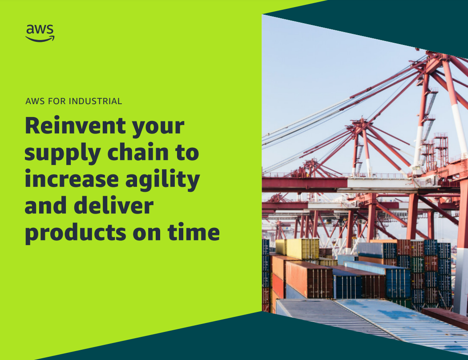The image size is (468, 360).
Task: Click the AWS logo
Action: click(x=40, y=33)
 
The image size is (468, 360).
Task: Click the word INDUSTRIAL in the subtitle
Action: click(x=95, y=101)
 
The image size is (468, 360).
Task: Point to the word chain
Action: click(x=138, y=152)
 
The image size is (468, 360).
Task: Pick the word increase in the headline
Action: click(x=72, y=179)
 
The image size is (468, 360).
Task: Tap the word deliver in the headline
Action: click(x=113, y=206)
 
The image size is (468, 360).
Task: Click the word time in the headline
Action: click(x=194, y=232)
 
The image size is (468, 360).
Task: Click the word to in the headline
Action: click(x=187, y=153)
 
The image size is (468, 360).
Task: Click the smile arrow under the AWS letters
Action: click(x=40, y=39)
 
